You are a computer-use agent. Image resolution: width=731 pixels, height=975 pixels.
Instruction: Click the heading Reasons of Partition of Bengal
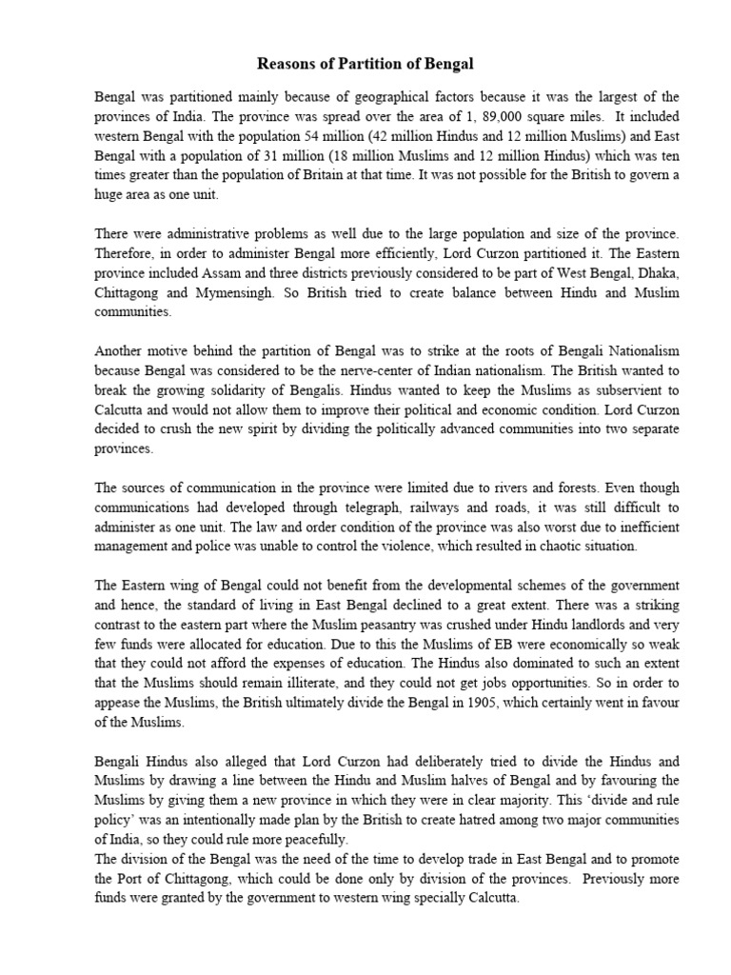[x=365, y=64]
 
